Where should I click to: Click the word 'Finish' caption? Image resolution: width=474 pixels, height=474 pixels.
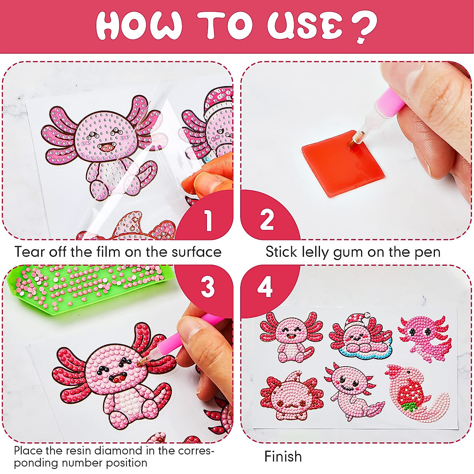click(x=283, y=457)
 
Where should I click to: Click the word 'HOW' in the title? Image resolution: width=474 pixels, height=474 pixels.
click(x=139, y=25)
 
